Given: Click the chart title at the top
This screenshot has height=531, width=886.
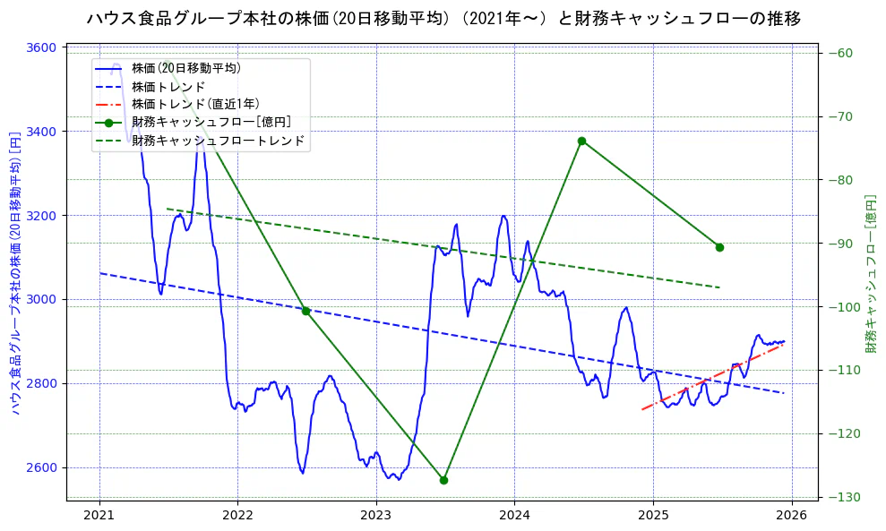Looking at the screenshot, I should (x=443, y=18).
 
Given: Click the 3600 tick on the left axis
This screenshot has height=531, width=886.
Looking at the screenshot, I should (x=44, y=47).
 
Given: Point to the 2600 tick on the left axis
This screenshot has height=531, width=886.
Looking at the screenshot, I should (x=44, y=467).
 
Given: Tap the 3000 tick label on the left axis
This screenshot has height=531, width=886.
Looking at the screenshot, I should (x=44, y=300).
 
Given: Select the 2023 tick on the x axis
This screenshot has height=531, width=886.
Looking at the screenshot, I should (x=376, y=516).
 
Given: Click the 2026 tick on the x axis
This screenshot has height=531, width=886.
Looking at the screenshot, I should (x=791, y=516).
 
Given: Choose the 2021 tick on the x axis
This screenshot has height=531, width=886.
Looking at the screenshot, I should (x=99, y=516).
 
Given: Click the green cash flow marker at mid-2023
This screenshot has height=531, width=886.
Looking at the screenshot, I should (x=443, y=480).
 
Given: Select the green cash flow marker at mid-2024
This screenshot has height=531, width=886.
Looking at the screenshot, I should (x=581, y=141).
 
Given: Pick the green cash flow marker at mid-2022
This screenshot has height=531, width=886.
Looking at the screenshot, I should (x=305, y=311).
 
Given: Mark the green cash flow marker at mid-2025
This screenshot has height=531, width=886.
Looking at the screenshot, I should (x=719, y=247).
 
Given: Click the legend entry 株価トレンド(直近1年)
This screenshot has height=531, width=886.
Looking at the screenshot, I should (x=195, y=104).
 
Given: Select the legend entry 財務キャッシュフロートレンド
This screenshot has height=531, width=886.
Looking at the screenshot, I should (x=218, y=141).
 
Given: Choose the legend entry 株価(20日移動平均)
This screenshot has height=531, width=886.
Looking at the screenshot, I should (x=185, y=67).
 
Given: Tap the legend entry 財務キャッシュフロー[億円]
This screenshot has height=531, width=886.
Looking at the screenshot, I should (x=211, y=122).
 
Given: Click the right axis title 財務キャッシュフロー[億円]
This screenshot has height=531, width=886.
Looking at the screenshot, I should (x=870, y=273).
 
